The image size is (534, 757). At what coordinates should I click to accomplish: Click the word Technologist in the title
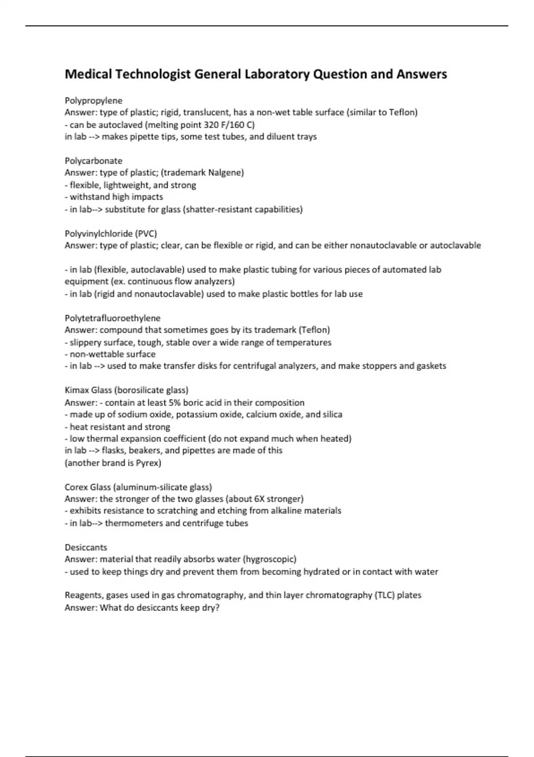pos(153,74)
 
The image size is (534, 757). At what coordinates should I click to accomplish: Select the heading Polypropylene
pos(93,101)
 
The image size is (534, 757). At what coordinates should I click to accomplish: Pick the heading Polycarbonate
pos(93,161)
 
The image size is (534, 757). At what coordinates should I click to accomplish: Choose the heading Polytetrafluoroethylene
pos(113,318)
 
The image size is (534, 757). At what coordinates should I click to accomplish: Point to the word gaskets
pos(431,366)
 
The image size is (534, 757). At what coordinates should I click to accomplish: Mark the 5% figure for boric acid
pos(174,403)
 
